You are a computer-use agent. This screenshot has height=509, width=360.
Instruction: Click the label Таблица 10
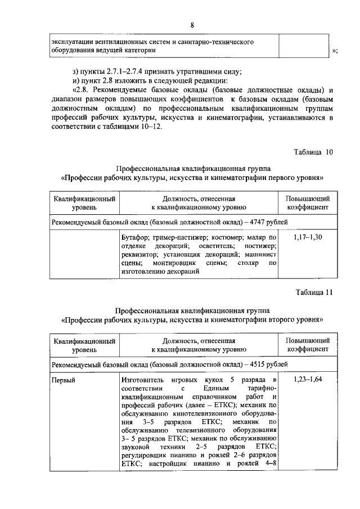coord(314,152)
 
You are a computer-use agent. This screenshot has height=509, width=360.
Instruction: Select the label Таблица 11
coord(314,292)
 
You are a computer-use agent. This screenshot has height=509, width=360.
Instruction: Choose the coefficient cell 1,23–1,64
coord(308,381)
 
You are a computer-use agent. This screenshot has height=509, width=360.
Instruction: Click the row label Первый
coord(63,381)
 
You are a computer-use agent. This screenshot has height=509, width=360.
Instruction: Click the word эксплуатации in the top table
coord(73,42)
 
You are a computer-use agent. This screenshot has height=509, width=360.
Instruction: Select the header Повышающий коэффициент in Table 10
coord(308,203)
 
